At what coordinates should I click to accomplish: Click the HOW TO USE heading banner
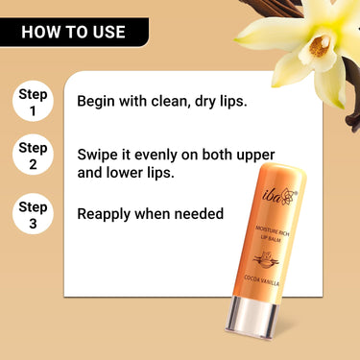point(73,32)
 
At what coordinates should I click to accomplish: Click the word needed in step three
point(199,213)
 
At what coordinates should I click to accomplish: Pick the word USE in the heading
point(106,32)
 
